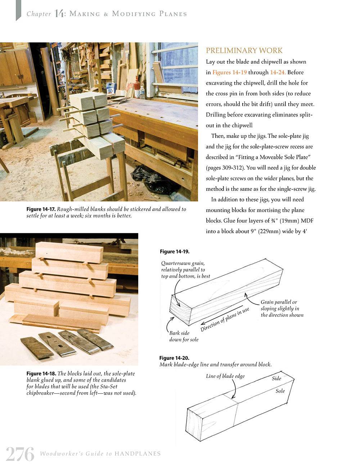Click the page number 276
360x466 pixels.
(20, 454)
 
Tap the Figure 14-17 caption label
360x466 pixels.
(41, 209)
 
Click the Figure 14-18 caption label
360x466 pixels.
(41, 373)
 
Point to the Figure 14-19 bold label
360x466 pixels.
(175, 251)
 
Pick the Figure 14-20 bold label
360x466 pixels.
(174, 358)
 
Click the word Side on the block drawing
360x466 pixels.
(276, 378)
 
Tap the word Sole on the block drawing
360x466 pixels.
(280, 391)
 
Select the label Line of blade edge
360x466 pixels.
(225, 376)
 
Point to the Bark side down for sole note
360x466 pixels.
(184, 336)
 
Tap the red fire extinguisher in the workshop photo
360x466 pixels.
(137, 85)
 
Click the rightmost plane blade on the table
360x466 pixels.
(95, 339)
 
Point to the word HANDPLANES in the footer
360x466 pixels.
(138, 454)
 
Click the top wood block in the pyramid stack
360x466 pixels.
(69, 252)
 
